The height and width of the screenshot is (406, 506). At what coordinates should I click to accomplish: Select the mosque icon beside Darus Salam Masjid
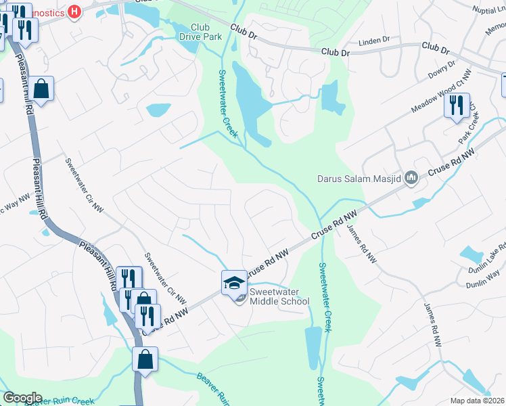(x=411, y=179)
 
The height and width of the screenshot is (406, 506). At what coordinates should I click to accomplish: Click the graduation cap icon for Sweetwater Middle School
(x=234, y=281)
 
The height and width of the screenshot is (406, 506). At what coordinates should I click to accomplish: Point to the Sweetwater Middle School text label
(x=279, y=296)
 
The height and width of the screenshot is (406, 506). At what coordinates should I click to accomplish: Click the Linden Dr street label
(x=375, y=40)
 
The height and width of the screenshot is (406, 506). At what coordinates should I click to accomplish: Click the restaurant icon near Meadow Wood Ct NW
(x=456, y=105)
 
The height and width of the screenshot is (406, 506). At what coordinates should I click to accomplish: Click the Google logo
(x=22, y=398)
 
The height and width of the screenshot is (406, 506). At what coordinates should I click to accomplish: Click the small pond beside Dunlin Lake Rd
(x=470, y=254)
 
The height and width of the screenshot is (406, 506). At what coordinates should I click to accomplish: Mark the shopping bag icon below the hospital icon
(x=41, y=89)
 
